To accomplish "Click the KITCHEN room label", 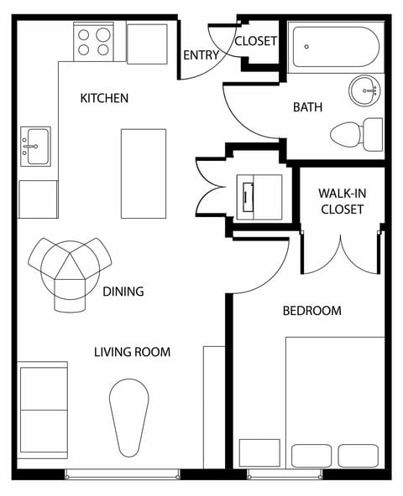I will (104, 98).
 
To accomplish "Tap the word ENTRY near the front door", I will (201, 56).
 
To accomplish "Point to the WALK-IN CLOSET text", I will (341, 201).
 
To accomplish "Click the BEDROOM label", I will (311, 311).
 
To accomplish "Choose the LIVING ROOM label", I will (132, 352).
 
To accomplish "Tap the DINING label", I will (123, 292).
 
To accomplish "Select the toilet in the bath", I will (358, 134).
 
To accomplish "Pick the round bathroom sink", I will (365, 88).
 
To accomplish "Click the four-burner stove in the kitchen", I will (94, 42).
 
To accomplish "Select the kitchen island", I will (143, 173).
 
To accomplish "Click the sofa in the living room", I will (42, 410).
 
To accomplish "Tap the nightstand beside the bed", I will (259, 453).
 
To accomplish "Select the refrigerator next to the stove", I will (147, 43).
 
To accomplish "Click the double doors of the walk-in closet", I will (342, 254).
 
